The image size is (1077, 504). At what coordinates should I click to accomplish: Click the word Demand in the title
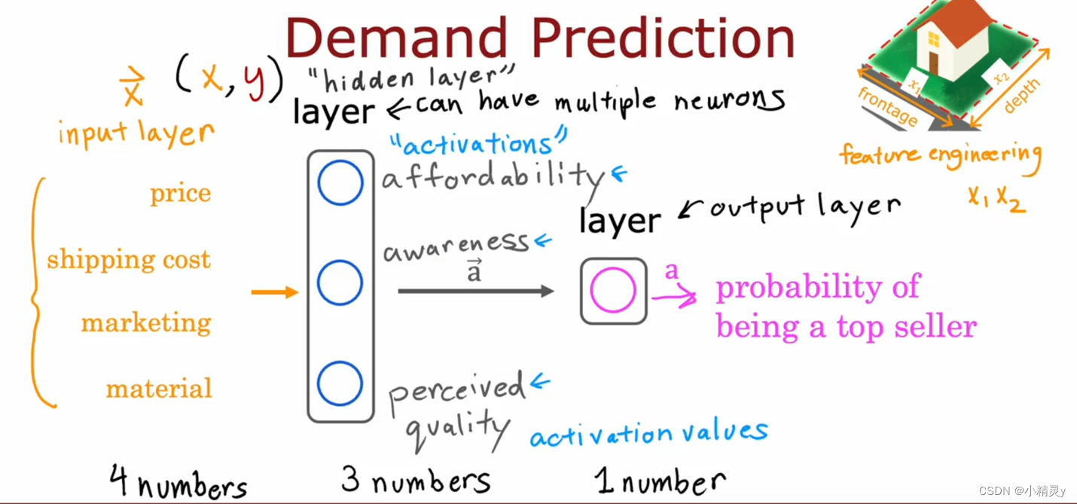397,38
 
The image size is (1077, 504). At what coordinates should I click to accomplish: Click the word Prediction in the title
663,38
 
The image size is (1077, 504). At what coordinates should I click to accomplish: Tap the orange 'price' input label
180,194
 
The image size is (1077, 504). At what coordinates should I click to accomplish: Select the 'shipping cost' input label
129,259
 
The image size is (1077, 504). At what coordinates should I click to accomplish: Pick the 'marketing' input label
146,323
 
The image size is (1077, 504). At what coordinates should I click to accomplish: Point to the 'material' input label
159,388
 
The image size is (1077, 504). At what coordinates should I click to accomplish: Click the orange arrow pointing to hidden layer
275,292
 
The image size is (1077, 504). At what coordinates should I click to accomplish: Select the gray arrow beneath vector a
476,291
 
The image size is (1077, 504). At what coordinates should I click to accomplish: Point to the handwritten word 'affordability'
493,177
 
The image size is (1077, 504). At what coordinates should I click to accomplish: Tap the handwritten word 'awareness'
456,246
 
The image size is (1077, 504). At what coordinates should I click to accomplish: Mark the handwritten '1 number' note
661,481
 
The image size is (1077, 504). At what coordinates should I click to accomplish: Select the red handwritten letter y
255,82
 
